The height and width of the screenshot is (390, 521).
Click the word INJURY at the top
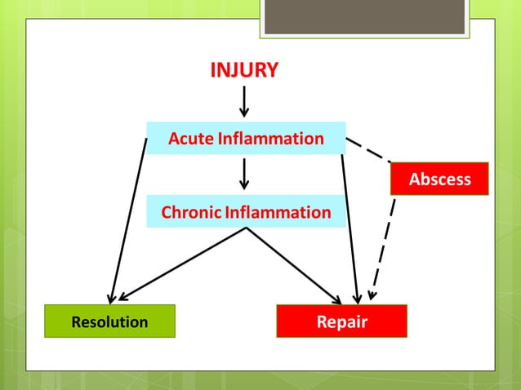click(x=244, y=70)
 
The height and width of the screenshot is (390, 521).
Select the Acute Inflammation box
click(x=246, y=138)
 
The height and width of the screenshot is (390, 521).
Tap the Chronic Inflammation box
click(x=246, y=212)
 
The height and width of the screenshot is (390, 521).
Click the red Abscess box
click(x=439, y=179)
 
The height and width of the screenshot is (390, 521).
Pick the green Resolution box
click(x=109, y=321)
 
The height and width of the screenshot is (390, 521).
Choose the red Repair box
click(x=341, y=321)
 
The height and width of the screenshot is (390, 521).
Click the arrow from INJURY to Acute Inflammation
click(x=244, y=101)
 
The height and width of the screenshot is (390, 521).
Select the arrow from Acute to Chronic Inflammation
click(x=244, y=174)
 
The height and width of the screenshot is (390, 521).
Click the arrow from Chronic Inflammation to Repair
click(x=294, y=264)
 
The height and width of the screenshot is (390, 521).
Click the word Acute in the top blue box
click(x=189, y=139)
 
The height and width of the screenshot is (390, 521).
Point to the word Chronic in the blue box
click(x=191, y=213)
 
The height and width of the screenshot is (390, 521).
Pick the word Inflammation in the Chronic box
click(x=278, y=213)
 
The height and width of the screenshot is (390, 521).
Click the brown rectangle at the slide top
click(x=364, y=17)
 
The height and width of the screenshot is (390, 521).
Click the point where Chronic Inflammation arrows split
click(x=246, y=228)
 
